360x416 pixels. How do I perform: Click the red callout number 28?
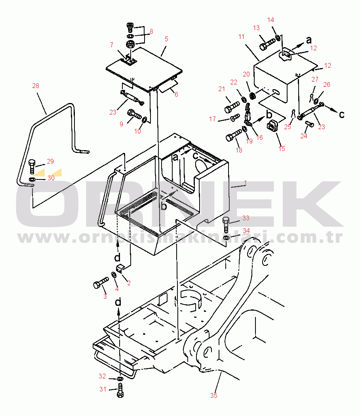tap(36, 86)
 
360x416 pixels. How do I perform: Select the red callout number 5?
tap(166, 39)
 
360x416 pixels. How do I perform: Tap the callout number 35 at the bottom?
tap(214, 395)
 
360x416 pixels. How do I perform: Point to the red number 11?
tap(241, 36)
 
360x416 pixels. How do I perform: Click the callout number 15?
tap(282, 149)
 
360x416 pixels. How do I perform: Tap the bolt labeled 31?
tap(120, 390)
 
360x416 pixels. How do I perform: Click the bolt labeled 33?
tap(226, 225)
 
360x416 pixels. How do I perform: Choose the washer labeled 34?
tap(226, 237)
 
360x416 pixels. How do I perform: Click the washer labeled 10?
tap(145, 120)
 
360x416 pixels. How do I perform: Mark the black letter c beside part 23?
tap(342, 114)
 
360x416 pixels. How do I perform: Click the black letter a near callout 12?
tap(309, 40)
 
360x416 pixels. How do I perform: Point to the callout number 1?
tap(246, 183)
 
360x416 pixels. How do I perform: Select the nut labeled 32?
tap(120, 378)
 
